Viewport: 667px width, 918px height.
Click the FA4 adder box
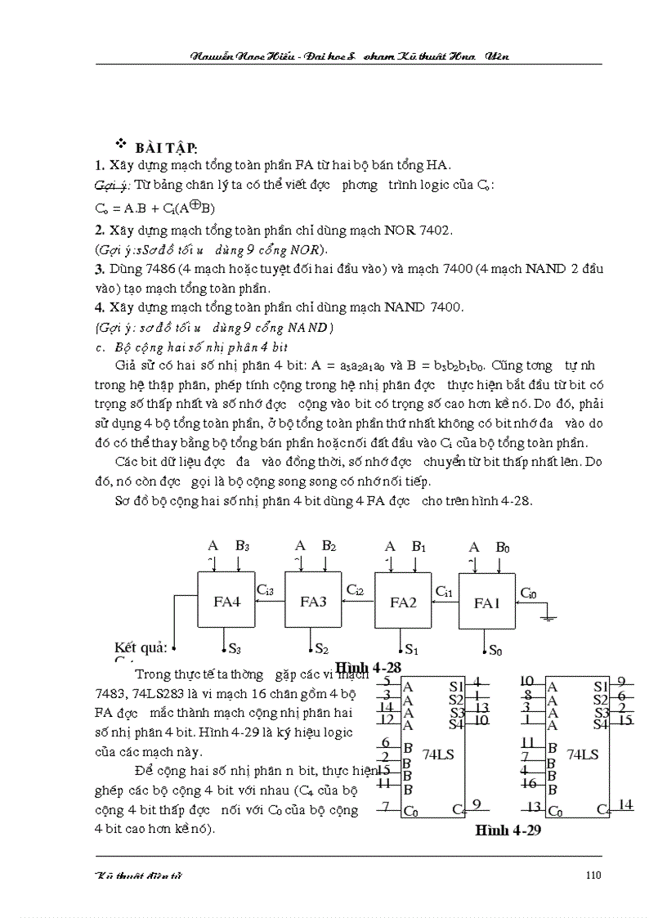[x=226, y=601]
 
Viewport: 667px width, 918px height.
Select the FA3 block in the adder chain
[x=312, y=601]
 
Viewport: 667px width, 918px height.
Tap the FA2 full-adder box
[x=402, y=602]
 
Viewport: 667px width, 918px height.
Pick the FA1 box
[x=486, y=602]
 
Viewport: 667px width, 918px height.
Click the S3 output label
[x=235, y=649]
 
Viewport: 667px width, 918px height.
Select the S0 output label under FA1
[x=496, y=651]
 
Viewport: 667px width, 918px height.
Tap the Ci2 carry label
[x=356, y=589]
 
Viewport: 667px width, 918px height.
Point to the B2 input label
[x=329, y=545]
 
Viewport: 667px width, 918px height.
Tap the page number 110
[x=593, y=875]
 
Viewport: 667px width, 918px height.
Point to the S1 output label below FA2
[x=411, y=651]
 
